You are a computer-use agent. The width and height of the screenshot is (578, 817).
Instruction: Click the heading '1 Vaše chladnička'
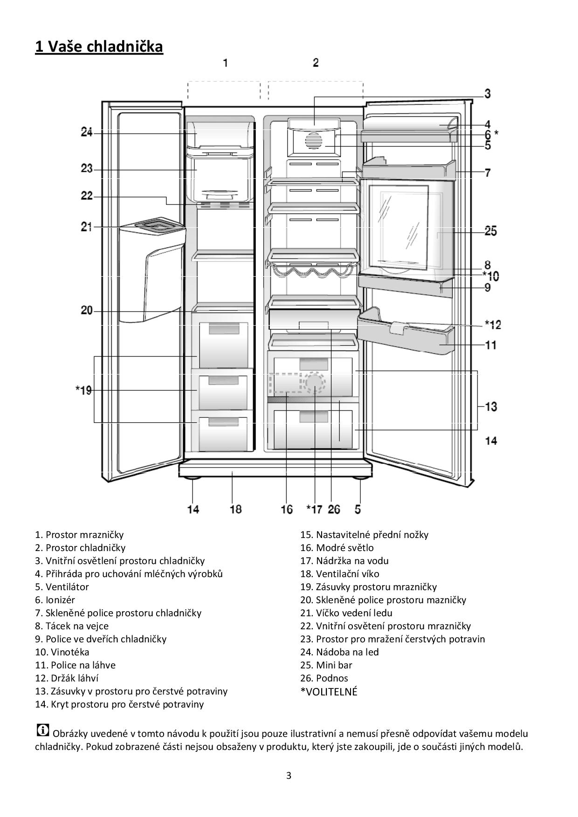pyautogui.click(x=99, y=47)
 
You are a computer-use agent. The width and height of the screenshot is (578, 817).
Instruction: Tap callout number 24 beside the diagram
pyautogui.click(x=87, y=133)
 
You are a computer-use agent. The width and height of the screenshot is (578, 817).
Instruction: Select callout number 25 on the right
pyautogui.click(x=490, y=231)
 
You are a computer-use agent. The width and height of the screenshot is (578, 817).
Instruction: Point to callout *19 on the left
pyautogui.click(x=84, y=390)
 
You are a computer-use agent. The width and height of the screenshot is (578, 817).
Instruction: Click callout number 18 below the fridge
pyautogui.click(x=236, y=509)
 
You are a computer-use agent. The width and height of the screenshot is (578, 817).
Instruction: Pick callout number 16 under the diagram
pyautogui.click(x=287, y=509)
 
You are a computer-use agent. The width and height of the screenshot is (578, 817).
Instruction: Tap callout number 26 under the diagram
pyautogui.click(x=334, y=509)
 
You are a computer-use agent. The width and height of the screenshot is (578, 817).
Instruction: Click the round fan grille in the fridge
pyautogui.click(x=314, y=141)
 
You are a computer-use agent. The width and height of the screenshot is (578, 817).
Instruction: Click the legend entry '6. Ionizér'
pyautogui.click(x=55, y=600)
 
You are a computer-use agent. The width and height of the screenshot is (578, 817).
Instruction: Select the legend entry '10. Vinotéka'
pyautogui.click(x=62, y=652)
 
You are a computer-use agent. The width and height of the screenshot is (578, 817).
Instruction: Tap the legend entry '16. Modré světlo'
pyautogui.click(x=337, y=548)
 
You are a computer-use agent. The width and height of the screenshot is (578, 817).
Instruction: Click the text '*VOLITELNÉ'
pyautogui.click(x=329, y=692)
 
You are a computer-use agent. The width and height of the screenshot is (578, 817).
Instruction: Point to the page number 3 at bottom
pyautogui.click(x=289, y=776)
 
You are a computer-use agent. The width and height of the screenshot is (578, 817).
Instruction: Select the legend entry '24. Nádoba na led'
pyautogui.click(x=339, y=652)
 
